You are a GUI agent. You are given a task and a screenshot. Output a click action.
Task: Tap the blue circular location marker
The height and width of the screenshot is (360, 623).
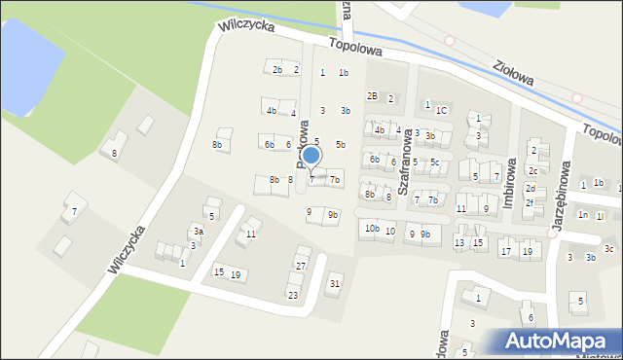(x=311, y=156)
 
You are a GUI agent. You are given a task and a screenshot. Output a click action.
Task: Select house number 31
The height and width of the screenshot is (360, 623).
(x=334, y=283)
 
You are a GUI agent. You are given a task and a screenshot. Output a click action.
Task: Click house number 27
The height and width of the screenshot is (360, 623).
(x=301, y=266)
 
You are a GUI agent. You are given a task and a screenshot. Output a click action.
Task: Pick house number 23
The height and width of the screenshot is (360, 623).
(x=292, y=294)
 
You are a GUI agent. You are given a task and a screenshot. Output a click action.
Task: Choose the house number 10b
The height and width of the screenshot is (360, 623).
(x=372, y=228)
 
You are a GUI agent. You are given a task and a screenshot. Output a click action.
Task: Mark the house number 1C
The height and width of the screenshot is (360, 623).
(x=441, y=110)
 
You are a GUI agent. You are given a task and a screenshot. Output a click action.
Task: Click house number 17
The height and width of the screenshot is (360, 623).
(x=505, y=251)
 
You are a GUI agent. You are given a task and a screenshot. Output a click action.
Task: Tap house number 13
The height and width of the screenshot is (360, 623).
(x=459, y=242)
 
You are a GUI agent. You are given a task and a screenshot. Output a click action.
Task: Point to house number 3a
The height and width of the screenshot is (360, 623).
(x=198, y=232)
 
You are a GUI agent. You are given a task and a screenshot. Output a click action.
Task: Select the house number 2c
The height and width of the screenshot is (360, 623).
(x=532, y=171)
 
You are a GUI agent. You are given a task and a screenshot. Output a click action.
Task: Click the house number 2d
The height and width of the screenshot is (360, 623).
(x=531, y=188)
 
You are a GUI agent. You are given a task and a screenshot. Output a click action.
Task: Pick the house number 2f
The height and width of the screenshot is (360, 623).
(x=530, y=203)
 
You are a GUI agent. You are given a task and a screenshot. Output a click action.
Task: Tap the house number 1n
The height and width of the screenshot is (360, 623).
(x=582, y=214)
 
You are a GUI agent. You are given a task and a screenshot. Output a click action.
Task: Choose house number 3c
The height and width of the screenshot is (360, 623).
(x=608, y=248)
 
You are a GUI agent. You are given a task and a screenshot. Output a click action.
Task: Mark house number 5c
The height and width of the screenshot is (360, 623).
(x=435, y=162)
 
